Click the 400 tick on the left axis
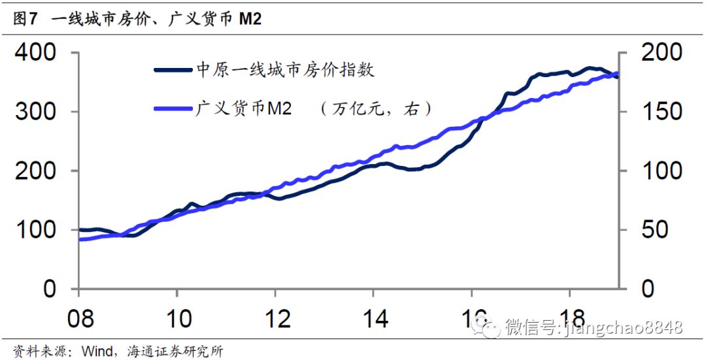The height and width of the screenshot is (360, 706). pyautogui.click(x=41, y=53)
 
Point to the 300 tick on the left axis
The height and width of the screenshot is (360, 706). pyautogui.click(x=41, y=112)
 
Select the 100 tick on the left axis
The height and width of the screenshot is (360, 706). pyautogui.click(x=41, y=230)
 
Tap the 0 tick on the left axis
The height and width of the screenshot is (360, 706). pyautogui.click(x=58, y=289)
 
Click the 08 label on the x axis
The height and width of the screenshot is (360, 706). pyautogui.click(x=80, y=319)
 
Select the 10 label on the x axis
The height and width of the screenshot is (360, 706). pyautogui.click(x=177, y=319)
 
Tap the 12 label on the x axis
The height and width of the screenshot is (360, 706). pyautogui.click(x=275, y=319)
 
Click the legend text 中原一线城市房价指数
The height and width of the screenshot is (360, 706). pyautogui.click(x=286, y=70)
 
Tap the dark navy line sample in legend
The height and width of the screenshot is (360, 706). pyautogui.click(x=173, y=70)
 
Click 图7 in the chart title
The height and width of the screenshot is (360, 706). pyautogui.click(x=24, y=19)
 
